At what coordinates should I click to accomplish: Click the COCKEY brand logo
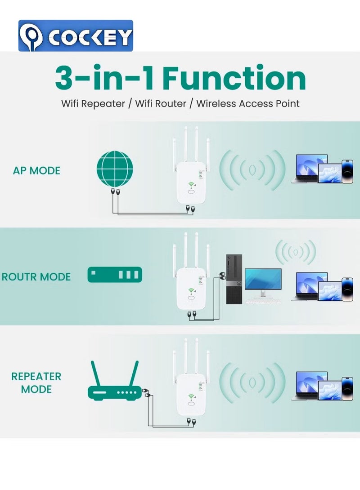[76, 36]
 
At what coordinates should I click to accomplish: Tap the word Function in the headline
[234, 78]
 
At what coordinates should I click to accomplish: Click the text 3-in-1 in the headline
[104, 78]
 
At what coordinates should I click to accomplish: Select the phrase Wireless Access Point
[247, 103]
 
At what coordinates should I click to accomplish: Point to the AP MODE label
[36, 171]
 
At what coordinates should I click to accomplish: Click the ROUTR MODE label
[36, 276]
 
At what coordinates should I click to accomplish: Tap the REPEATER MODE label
[36, 383]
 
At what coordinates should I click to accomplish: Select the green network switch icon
[115, 275]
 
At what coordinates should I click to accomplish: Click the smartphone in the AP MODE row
[347, 171]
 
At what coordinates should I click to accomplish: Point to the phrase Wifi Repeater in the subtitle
[93, 103]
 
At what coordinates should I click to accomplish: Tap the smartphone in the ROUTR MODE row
[347, 289]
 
